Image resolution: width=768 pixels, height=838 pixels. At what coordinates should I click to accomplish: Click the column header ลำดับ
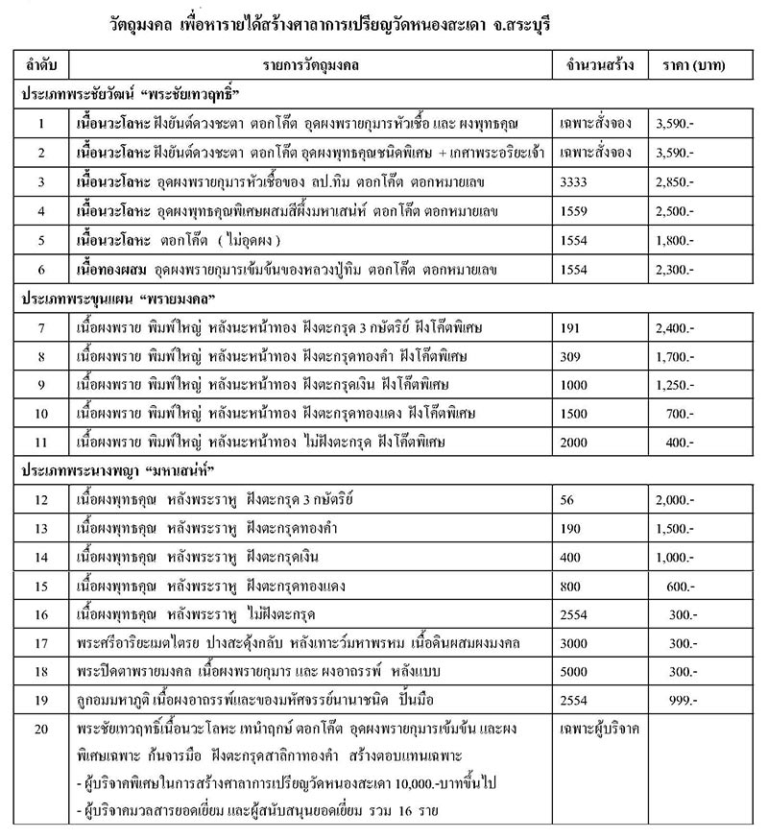pyautogui.click(x=41, y=65)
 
